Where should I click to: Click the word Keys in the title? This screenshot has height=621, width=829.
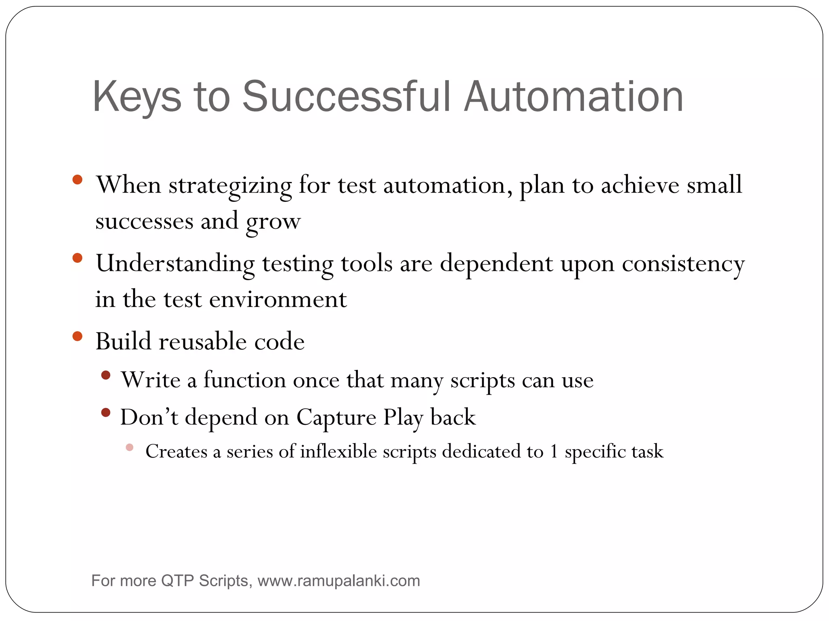pyautogui.click(x=137, y=97)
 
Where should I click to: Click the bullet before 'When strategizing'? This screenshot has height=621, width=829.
pyautogui.click(x=77, y=180)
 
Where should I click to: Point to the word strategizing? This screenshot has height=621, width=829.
pyautogui.click(x=230, y=186)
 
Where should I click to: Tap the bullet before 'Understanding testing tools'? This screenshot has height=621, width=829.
pyautogui.click(x=77, y=258)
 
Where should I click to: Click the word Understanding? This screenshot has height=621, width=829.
pyautogui.click(x=175, y=264)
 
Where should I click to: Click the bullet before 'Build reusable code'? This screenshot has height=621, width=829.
pyautogui.click(x=77, y=336)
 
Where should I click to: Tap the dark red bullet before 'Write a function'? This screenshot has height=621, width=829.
pyautogui.click(x=106, y=375)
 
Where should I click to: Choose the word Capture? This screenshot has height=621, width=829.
pyautogui.click(x=336, y=418)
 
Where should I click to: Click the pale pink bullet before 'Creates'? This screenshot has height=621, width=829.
pyautogui.click(x=130, y=447)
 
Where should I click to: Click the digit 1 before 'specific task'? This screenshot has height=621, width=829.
pyautogui.click(x=554, y=452)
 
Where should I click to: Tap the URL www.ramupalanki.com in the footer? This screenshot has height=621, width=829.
pyautogui.click(x=338, y=581)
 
